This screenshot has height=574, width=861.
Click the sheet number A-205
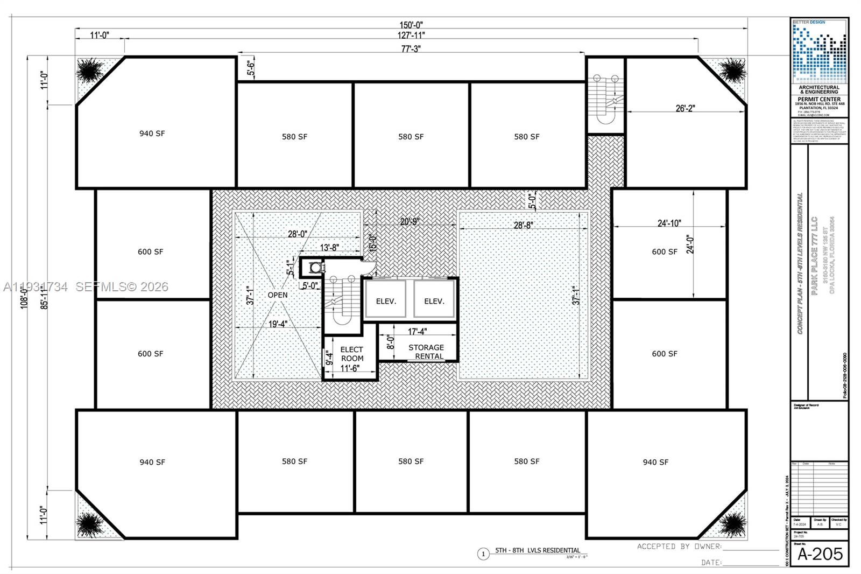coord(820,554)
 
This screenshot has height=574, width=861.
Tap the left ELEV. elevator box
coord(385,300)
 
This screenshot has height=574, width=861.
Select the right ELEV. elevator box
coord(434,300)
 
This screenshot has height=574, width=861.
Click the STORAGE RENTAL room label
coord(426,351)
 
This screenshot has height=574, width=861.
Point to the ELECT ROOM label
coord(351,354)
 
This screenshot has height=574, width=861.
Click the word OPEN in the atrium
coord(278,295)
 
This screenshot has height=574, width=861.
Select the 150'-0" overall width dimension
coord(411,25)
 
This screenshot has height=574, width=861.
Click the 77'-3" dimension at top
coord(411,49)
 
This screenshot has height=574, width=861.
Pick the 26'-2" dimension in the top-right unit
coord(685,108)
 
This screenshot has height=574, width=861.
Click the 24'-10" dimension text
coord(669,223)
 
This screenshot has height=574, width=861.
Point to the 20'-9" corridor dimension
coord(410,221)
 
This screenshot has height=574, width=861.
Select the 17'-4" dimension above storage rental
coord(417,332)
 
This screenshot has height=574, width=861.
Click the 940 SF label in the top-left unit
coord(152,134)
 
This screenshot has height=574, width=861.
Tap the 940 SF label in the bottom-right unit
coord(655,462)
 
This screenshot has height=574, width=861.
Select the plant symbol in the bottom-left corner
coord(90,524)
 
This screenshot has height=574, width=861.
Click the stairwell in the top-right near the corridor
coord(605,97)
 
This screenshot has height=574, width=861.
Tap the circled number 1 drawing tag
coord(483,554)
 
